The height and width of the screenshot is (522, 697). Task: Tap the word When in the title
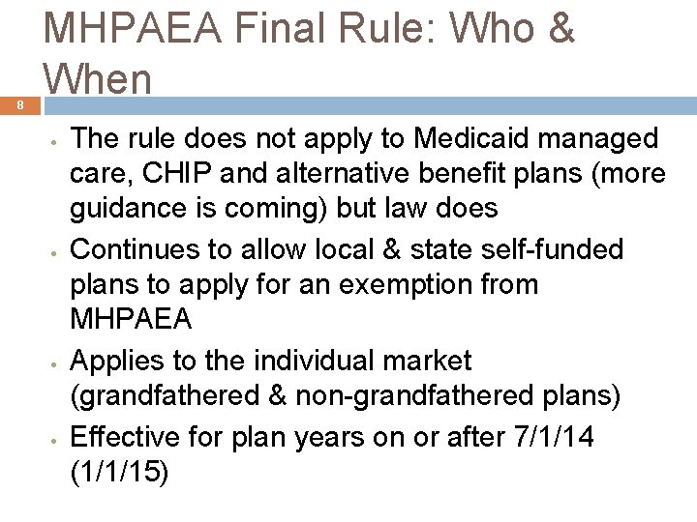pyautogui.click(x=98, y=77)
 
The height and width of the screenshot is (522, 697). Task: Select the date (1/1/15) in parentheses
pyautogui.click(x=120, y=472)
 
